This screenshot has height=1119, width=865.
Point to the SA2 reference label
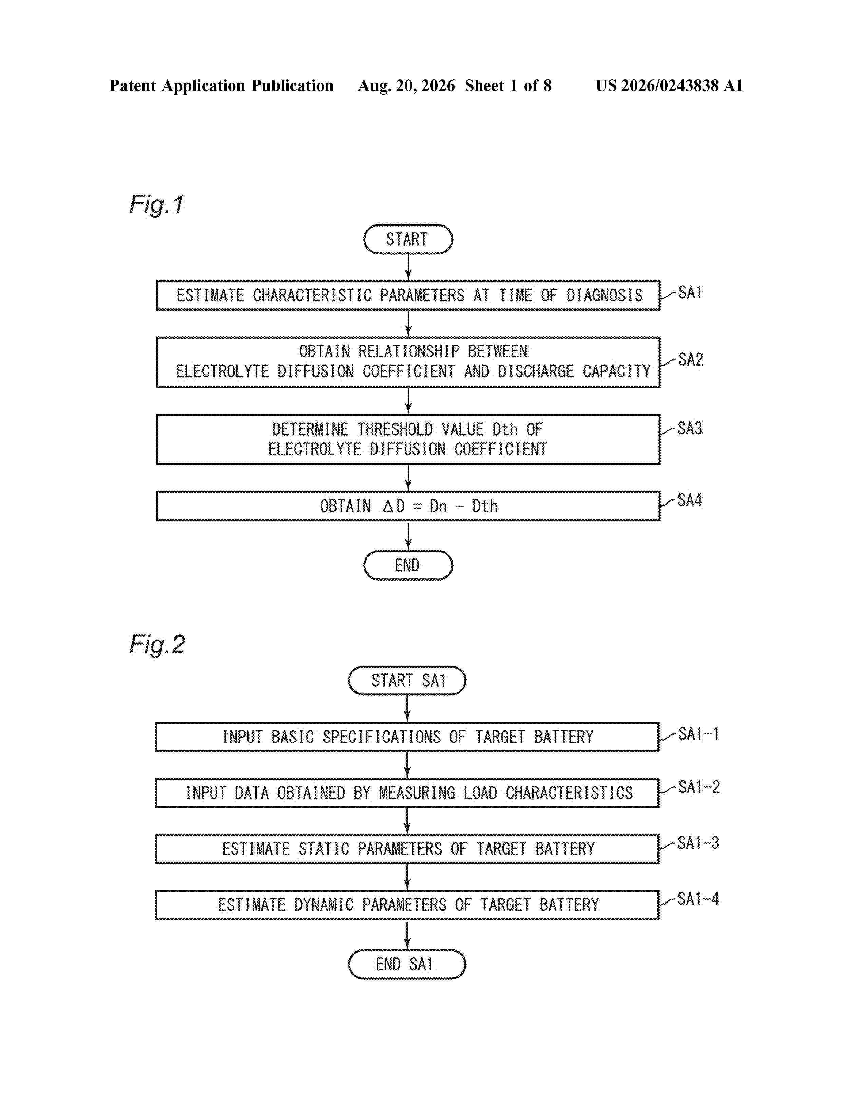[690, 359]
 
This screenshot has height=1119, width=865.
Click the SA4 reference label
[690, 499]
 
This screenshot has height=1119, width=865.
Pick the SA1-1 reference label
[698, 734]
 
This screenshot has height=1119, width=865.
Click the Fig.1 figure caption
[156, 204]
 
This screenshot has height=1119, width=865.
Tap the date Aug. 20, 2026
[406, 85]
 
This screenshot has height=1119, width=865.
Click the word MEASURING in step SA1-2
[417, 793]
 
